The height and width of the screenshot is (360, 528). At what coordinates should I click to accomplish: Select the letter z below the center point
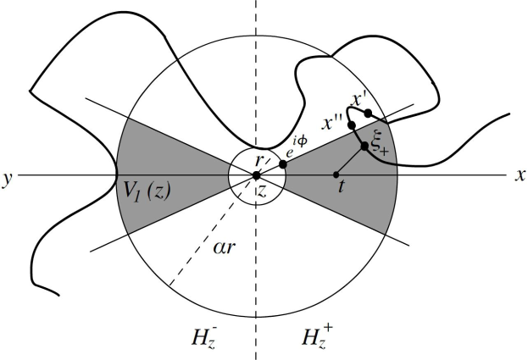[262, 191]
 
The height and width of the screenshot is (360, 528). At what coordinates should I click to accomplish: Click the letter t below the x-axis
[341, 191]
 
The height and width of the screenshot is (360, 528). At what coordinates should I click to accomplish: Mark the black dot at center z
[256, 175]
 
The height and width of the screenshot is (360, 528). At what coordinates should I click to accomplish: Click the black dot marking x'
[367, 114]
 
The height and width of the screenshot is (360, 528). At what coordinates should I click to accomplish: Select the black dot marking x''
[351, 125]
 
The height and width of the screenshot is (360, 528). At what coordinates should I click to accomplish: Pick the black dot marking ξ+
[364, 147]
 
